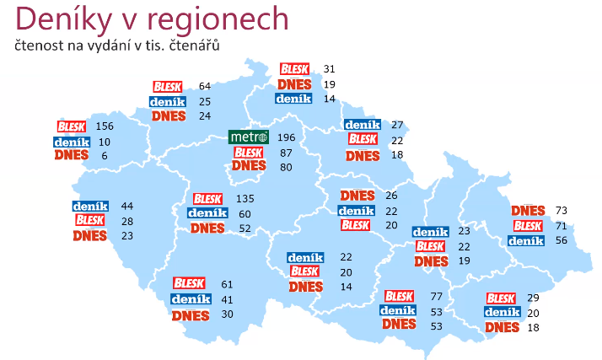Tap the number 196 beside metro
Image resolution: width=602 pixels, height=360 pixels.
pyautogui.click(x=288, y=137)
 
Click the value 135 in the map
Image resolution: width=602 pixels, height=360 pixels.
pyautogui.click(x=245, y=199)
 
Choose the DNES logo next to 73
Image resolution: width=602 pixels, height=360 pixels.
pyautogui.click(x=528, y=210)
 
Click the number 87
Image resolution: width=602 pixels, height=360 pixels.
pyautogui.click(x=285, y=153)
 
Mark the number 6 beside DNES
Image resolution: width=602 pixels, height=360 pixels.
pyautogui.click(x=105, y=156)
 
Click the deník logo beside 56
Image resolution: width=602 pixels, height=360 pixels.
pyautogui.click(x=526, y=240)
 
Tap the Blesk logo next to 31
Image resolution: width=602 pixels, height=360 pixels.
pyautogui.click(x=294, y=69)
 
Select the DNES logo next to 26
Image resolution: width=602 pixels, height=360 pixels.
pyautogui.click(x=355, y=196)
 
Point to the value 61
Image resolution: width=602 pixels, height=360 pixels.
pyautogui.click(x=227, y=284)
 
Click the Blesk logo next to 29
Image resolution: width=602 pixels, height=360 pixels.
pyautogui.click(x=501, y=298)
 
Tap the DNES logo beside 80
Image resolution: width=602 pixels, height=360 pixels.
pyautogui.click(x=249, y=167)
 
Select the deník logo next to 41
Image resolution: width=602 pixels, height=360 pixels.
pyautogui.click(x=190, y=298)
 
